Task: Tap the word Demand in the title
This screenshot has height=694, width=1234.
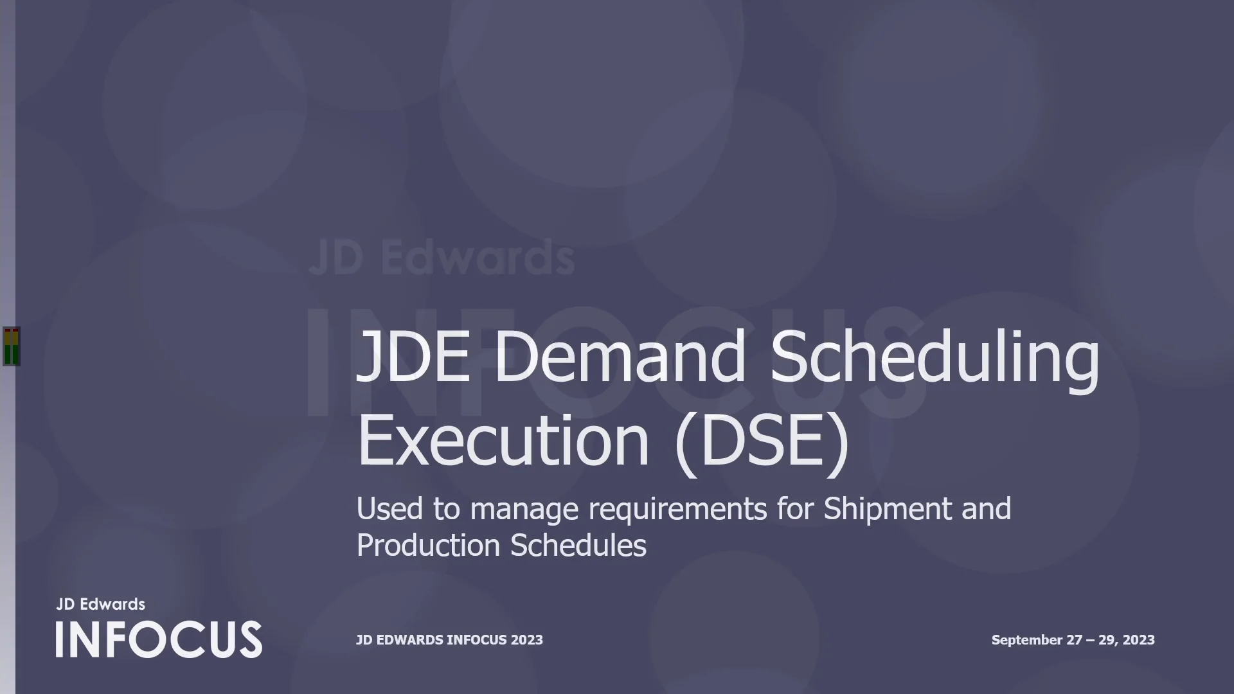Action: click(620, 357)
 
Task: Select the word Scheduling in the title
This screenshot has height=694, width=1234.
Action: click(934, 360)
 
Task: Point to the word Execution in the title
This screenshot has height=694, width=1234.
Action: click(503, 441)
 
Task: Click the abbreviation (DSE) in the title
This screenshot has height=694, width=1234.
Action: click(763, 442)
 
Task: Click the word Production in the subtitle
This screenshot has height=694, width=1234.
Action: click(428, 546)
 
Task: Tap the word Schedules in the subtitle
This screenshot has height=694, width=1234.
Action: click(578, 546)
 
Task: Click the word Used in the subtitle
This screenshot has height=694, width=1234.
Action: click(389, 509)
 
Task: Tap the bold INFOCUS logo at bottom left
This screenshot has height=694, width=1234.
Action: click(159, 639)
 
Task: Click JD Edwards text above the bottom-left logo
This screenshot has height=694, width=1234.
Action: click(101, 604)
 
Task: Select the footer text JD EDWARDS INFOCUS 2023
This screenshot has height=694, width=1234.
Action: click(449, 640)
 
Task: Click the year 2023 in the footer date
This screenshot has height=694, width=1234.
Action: click(1138, 640)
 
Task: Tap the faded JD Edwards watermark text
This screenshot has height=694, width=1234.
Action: click(442, 258)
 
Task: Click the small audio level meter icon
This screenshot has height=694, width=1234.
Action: click(12, 346)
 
